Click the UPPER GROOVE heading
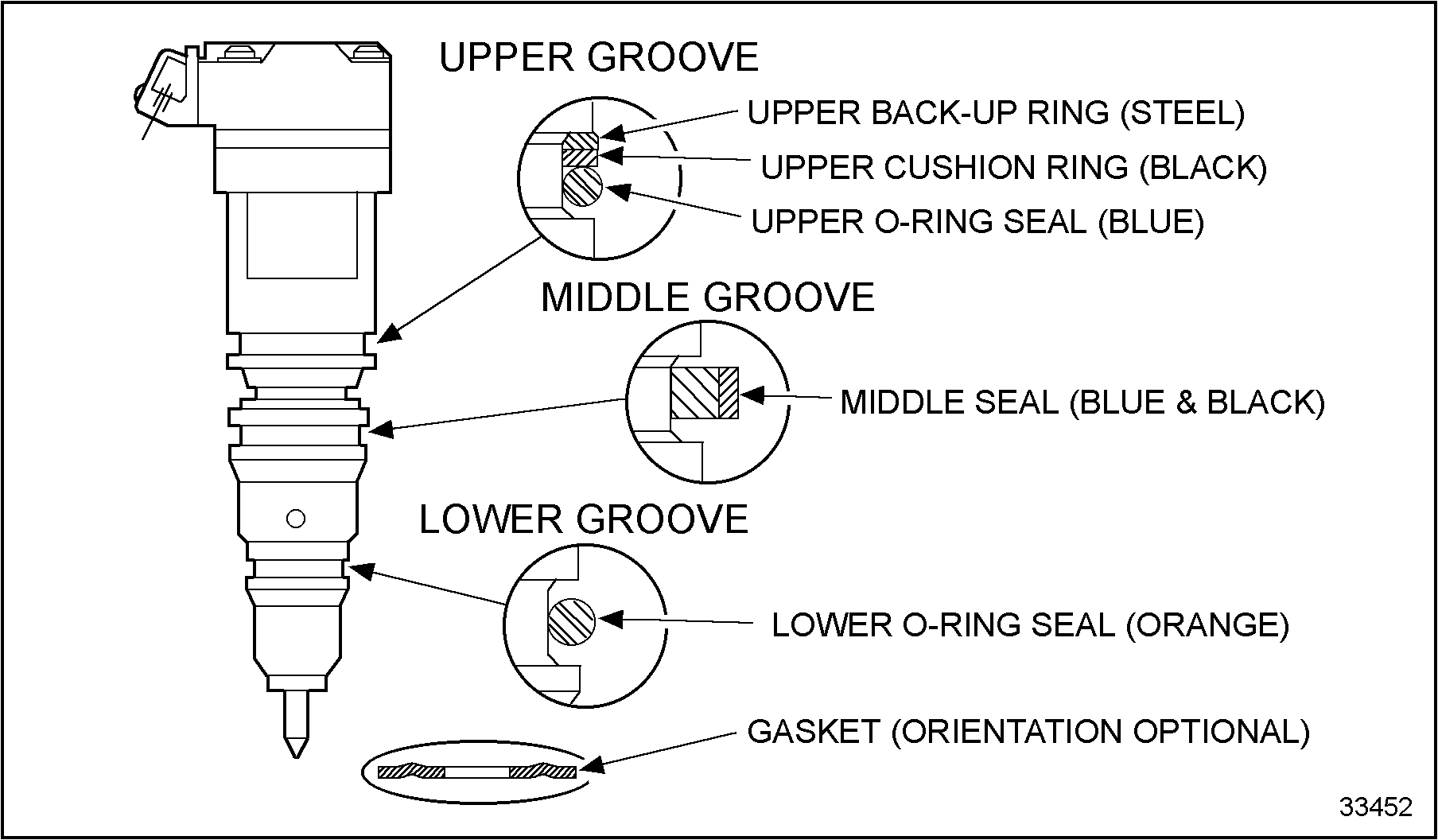point(599,57)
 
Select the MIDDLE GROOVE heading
point(707,297)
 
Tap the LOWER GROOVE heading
point(584,519)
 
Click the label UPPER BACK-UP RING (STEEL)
point(995,113)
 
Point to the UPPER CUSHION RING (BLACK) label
point(1013,167)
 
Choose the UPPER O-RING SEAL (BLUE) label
point(977,222)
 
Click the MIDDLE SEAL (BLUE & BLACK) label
point(1082,402)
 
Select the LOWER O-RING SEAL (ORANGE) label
point(1030,625)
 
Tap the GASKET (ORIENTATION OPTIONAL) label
point(1028,731)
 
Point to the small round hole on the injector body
point(296,519)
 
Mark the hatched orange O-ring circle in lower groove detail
point(571,621)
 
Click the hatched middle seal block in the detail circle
point(704,393)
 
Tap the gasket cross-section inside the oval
point(477,771)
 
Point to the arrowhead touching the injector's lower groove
point(359,570)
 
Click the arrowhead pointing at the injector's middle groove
point(380,430)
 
